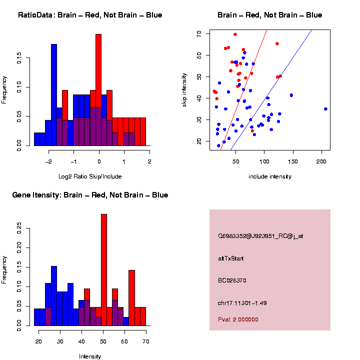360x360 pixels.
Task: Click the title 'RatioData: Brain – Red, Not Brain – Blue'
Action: pyautogui.click(x=90, y=15)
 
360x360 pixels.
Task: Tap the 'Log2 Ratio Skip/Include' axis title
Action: pyautogui.click(x=89, y=176)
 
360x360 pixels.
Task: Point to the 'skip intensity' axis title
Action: pyautogui.click(x=184, y=88)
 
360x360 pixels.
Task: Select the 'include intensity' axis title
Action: pyautogui.click(x=269, y=176)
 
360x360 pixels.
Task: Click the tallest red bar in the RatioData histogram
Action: pyautogui.click(x=98, y=90)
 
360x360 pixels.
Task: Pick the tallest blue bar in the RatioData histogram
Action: pyautogui.click(x=54, y=95)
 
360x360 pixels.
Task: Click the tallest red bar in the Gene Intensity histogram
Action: pyautogui.click(x=104, y=270)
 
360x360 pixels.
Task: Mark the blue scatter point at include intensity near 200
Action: pyautogui.click(x=325, y=108)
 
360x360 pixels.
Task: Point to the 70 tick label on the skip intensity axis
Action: pyautogui.click(x=199, y=33)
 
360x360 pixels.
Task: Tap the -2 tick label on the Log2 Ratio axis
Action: pyautogui.click(x=48, y=162)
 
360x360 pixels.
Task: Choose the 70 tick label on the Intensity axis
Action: pyautogui.click(x=145, y=341)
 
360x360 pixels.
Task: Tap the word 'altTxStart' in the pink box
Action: pyautogui.click(x=231, y=258)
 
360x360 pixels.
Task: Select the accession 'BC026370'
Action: pyautogui.click(x=232, y=280)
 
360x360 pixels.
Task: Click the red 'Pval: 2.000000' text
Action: pyautogui.click(x=238, y=319)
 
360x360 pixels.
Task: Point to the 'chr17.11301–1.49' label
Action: pyautogui.click(x=242, y=303)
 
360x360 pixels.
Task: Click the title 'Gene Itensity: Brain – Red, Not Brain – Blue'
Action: pyautogui.click(x=90, y=195)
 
